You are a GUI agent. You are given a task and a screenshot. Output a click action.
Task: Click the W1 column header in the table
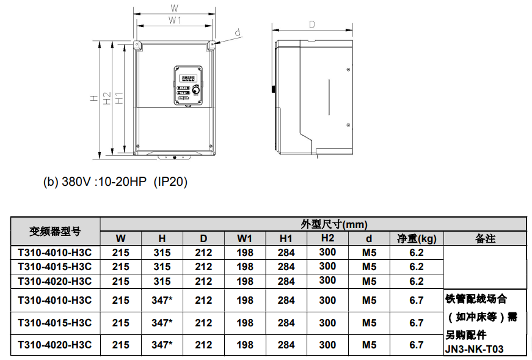tap(245, 238)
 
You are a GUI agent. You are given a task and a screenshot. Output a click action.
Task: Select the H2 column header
tap(327, 238)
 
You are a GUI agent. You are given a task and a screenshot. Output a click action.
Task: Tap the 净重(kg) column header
tap(417, 238)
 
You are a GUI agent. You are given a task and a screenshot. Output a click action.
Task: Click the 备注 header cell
tap(485, 238)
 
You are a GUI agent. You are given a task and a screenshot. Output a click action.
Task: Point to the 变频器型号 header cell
tap(55, 231)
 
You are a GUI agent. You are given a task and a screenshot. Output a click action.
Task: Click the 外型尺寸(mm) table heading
tap(334, 224)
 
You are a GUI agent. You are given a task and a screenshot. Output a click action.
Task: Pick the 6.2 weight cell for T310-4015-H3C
tap(417, 266)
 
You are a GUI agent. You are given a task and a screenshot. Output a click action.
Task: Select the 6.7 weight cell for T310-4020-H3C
tap(417, 345)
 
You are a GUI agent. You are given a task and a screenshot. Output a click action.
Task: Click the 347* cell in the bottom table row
tap(162, 345)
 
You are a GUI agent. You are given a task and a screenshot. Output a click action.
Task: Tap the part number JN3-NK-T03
tap(475, 349)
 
